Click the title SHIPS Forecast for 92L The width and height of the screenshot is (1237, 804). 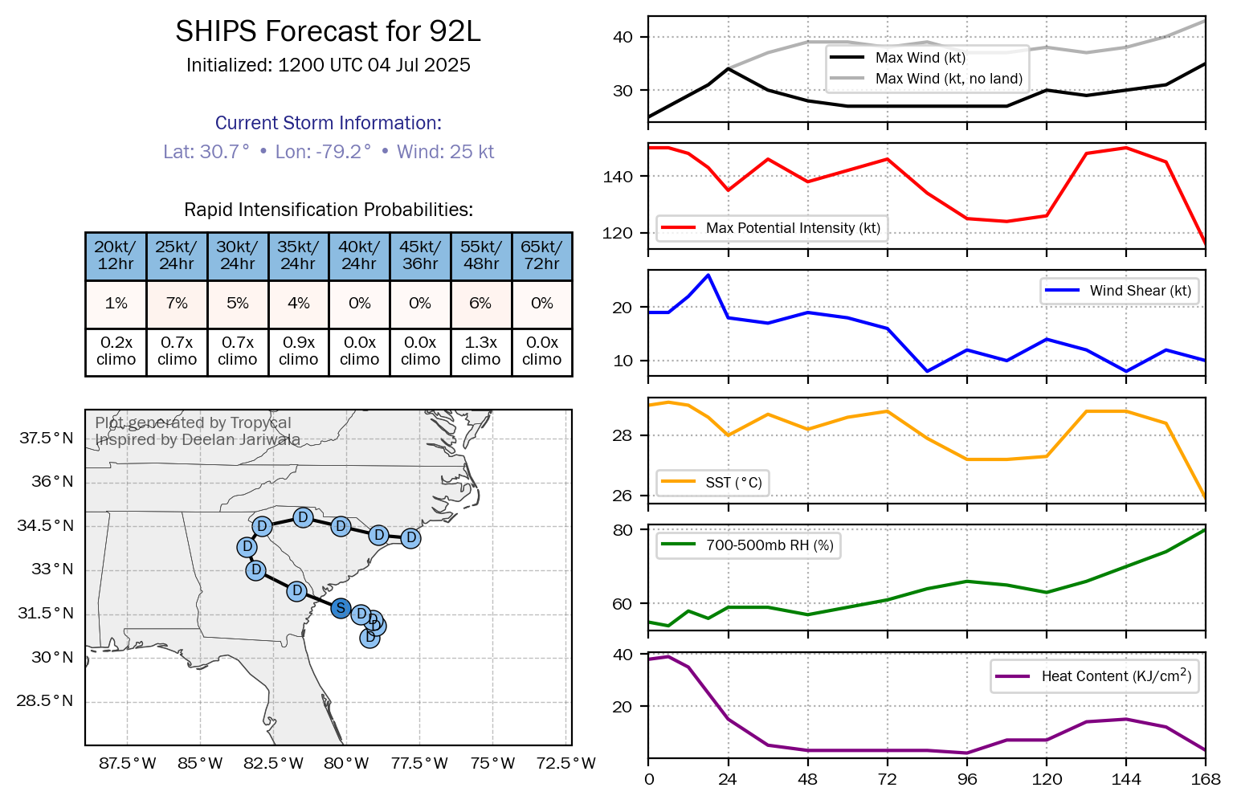328,32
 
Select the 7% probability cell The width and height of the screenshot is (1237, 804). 177,304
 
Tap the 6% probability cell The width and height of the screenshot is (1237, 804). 480,304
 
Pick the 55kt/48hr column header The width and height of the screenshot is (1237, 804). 480,255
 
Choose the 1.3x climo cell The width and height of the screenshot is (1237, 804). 480,352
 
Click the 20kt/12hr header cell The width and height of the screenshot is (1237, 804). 116,255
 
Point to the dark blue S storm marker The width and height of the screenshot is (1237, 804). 341,608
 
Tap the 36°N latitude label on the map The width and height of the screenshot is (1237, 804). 52,482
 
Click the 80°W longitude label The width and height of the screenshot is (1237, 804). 346,763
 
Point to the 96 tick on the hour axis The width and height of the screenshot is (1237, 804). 967,779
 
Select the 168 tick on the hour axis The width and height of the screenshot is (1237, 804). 1206,779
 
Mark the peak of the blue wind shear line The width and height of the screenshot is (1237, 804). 708,275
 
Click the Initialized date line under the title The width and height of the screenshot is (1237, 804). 328,65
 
